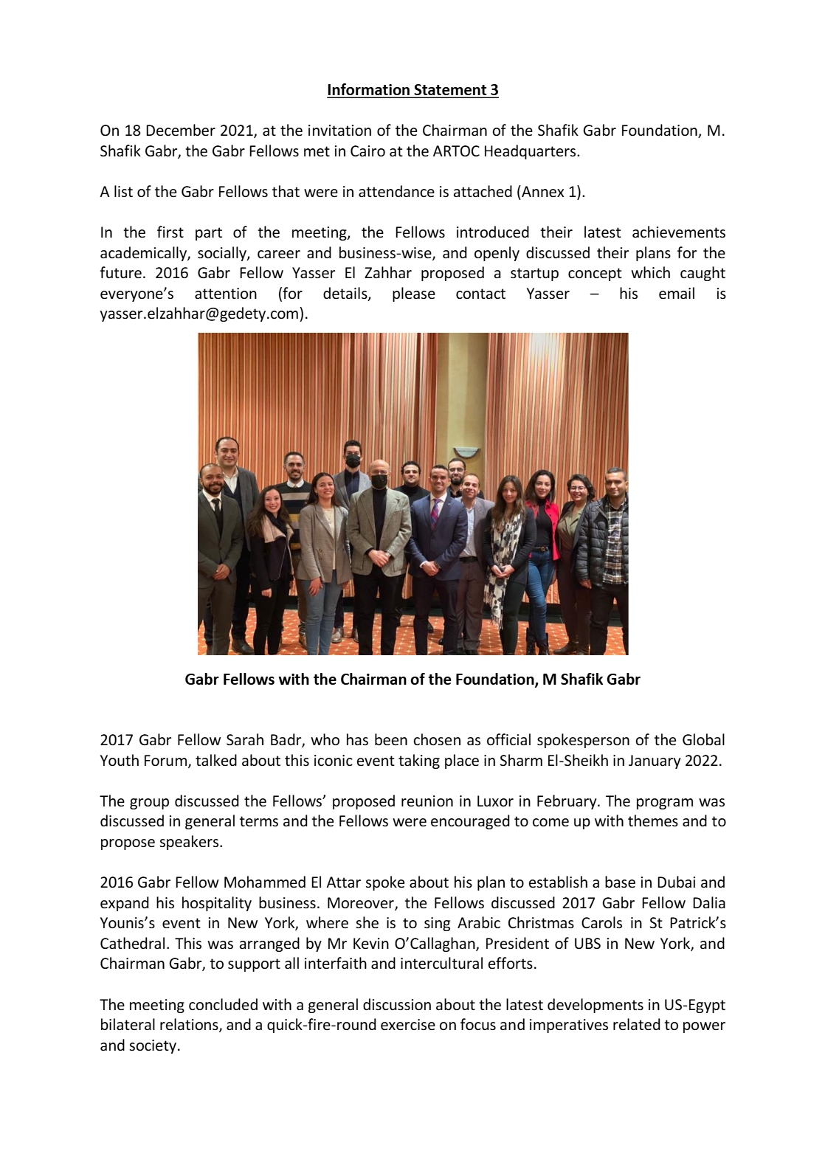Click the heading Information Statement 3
(412, 90)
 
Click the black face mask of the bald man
(379, 481)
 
